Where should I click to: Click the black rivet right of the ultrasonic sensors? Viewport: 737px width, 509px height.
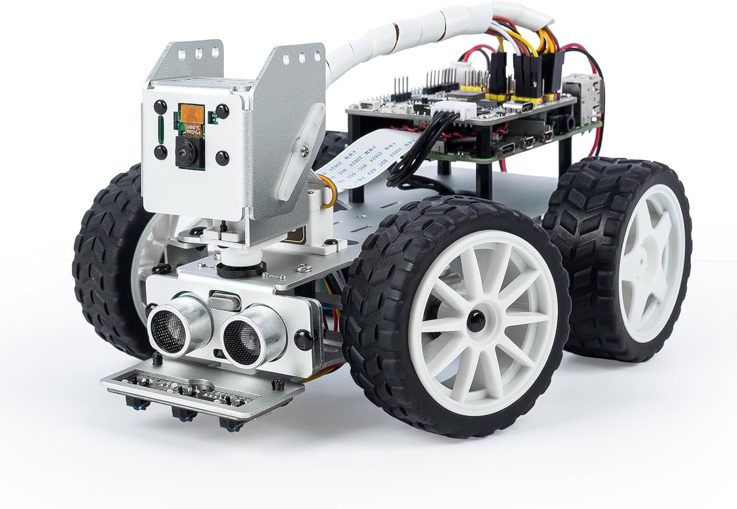(301, 337)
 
